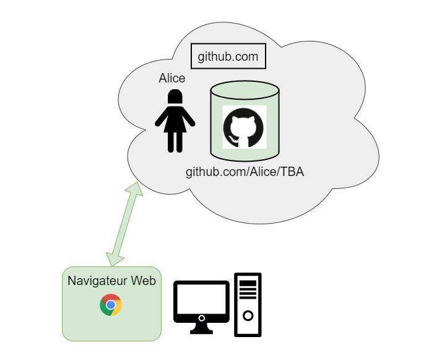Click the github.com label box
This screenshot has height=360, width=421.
228,56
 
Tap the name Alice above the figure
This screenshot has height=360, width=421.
172,78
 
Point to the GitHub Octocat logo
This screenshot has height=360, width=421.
244,127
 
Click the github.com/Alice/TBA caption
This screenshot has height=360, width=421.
245,172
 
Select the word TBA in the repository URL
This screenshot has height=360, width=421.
292,172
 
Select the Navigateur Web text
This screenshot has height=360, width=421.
111,281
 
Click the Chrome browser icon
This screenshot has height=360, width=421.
111,305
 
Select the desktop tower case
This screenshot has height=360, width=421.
248,305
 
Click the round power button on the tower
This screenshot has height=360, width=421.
248,317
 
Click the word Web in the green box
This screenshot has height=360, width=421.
143,281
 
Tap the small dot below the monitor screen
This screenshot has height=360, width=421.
202,318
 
